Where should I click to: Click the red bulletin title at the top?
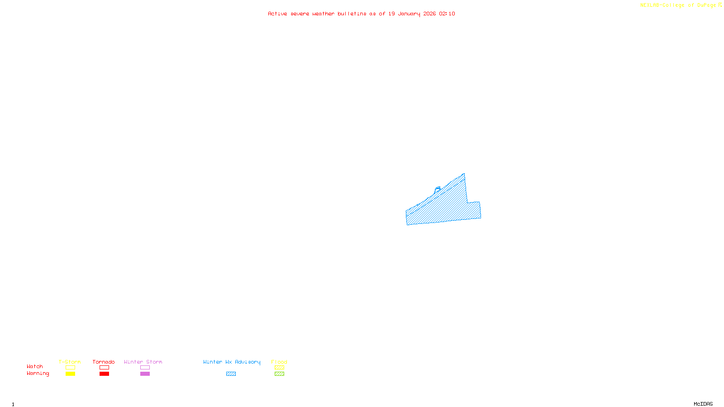tap(361, 14)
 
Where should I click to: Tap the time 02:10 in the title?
tap(447, 14)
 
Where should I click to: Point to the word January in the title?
tap(409, 14)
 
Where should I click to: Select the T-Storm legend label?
tap(70, 362)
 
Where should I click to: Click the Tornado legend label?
tap(104, 362)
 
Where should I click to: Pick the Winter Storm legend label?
tap(143, 362)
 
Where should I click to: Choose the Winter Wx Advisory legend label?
tap(232, 362)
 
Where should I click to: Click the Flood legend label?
tap(279, 362)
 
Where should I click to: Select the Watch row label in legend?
tap(35, 367)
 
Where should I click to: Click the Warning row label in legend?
tap(38, 374)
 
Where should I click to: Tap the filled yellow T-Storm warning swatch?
tap(70, 374)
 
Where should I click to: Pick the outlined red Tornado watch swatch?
tap(104, 368)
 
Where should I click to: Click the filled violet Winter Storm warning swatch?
tap(145, 374)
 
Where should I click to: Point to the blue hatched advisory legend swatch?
tap(231, 374)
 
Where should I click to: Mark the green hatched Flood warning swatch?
tap(279, 374)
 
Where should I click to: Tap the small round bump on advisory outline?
tap(438, 189)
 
